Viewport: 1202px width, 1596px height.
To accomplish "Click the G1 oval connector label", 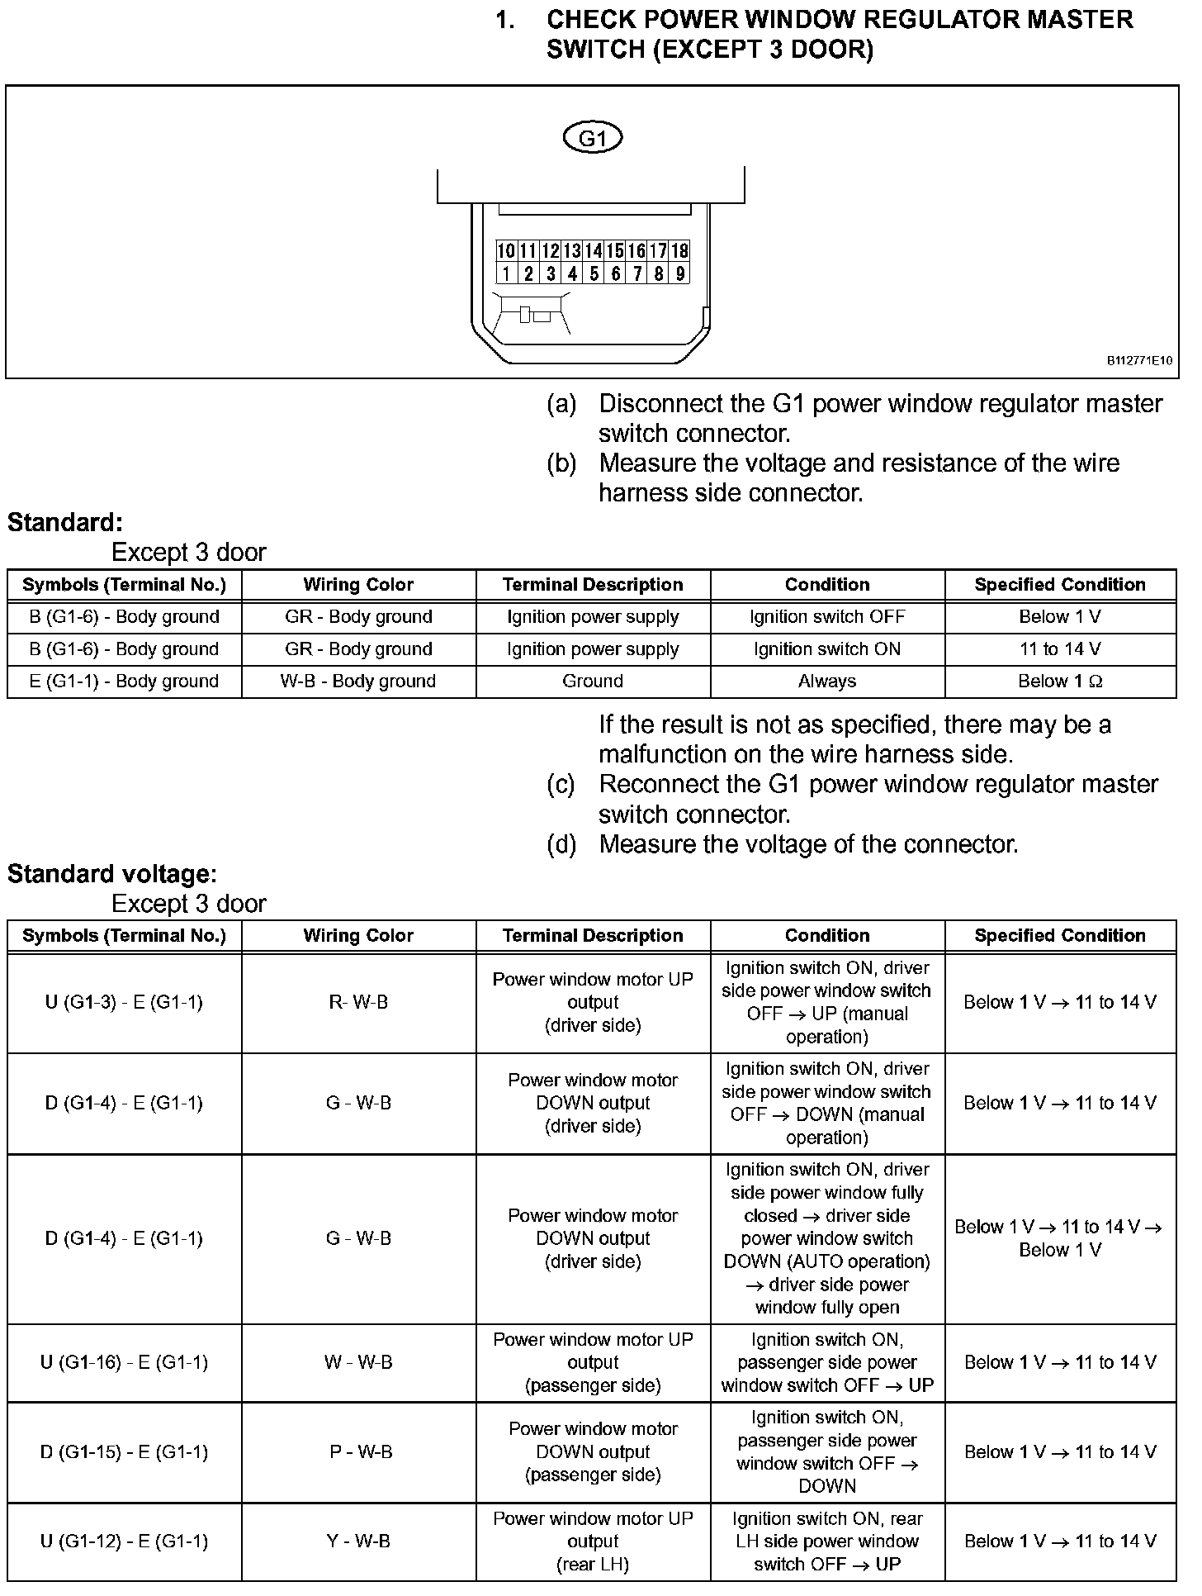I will tap(592, 138).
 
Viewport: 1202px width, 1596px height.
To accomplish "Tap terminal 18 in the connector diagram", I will tap(679, 251).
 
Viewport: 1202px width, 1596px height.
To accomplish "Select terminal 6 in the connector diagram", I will tap(615, 273).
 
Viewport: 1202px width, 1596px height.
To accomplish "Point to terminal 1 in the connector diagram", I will tap(506, 273).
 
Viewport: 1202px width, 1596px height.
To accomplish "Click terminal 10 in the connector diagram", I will tap(506, 251).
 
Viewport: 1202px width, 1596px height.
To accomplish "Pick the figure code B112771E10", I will tap(1139, 361).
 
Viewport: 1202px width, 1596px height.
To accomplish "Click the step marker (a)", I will tap(561, 404).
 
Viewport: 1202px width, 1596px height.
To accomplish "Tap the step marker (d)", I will tap(561, 844).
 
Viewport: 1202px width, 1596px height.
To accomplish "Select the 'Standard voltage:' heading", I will tap(112, 874).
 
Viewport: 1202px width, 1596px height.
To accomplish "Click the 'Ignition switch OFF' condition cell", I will tap(827, 617).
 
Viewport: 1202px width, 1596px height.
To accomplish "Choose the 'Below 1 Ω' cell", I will tap(1060, 682).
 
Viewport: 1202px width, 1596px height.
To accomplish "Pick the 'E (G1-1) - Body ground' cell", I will tap(124, 682).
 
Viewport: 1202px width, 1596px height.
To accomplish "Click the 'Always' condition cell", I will tap(827, 682).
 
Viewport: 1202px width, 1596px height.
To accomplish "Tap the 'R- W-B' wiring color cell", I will tap(358, 1003).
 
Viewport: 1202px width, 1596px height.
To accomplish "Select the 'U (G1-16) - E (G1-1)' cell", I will tap(124, 1362).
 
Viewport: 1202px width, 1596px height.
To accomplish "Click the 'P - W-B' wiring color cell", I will tap(361, 1451).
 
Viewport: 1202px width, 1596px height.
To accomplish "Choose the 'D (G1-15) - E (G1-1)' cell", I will tap(124, 1451).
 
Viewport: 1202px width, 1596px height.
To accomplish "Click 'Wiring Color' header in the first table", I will tap(358, 585).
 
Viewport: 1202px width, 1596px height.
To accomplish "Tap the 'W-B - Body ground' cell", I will tap(358, 682).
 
